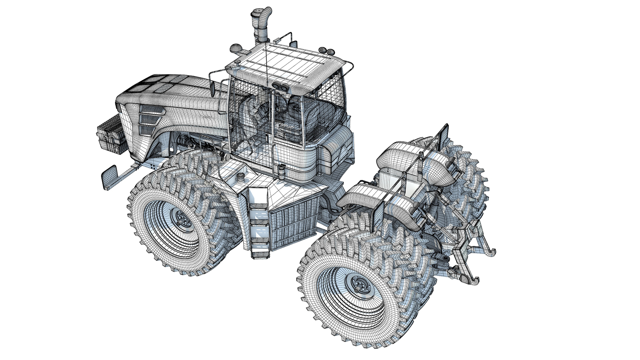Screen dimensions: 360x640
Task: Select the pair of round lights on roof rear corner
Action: click(x=326, y=51)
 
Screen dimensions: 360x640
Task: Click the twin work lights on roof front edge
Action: click(x=280, y=87)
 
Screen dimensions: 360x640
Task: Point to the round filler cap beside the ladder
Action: click(x=240, y=177)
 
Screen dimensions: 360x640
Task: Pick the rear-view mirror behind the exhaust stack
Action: click(x=294, y=43)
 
